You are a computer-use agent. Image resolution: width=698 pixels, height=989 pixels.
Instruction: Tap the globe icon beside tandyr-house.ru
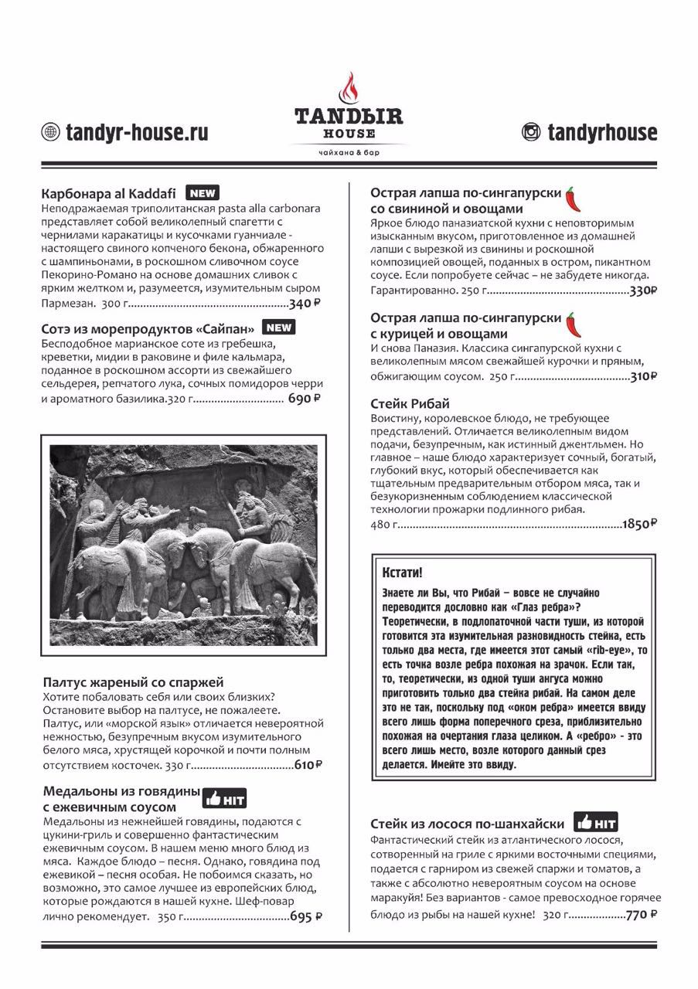(50, 132)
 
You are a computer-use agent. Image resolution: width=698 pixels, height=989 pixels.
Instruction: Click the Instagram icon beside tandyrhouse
(531, 132)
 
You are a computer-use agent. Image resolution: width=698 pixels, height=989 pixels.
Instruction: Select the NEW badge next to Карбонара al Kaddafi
(203, 193)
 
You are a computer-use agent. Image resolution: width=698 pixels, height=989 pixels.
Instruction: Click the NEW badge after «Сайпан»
(278, 327)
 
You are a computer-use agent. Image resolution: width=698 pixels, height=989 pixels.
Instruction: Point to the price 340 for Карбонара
(304, 303)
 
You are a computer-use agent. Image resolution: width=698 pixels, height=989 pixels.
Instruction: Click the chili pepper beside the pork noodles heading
(573, 199)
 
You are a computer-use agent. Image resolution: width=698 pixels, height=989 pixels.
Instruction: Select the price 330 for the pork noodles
(643, 291)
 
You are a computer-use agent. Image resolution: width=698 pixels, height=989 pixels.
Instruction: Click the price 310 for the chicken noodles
(643, 377)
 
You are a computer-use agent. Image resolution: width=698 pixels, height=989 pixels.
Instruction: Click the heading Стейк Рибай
(410, 404)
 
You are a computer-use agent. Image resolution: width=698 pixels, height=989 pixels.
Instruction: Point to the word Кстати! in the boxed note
(403, 573)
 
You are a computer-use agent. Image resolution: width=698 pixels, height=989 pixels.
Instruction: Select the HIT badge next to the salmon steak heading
(595, 822)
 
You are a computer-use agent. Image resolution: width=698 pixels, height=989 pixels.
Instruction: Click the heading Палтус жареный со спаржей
(133, 682)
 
